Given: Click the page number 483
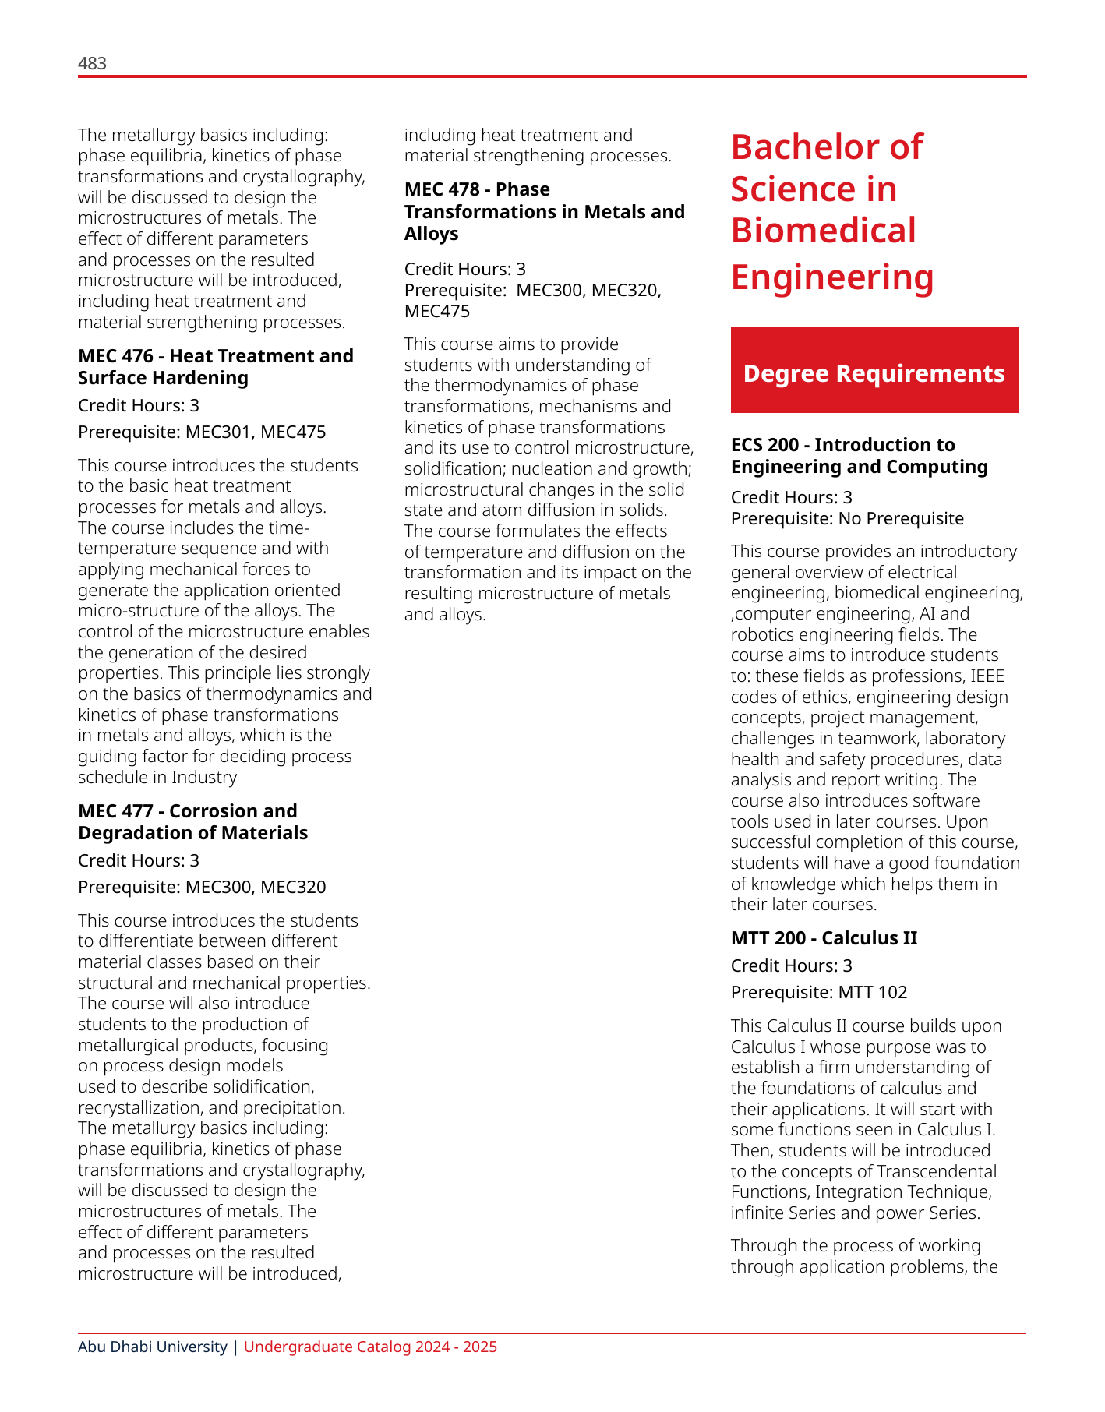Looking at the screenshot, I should [92, 64].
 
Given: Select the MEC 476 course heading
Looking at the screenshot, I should [215, 367].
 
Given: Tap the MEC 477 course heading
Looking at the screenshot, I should [192, 822].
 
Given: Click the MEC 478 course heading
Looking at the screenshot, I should [544, 211].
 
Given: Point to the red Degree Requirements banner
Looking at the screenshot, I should [874, 370].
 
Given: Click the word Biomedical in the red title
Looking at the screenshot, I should [823, 231].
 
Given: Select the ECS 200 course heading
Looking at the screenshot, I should [859, 456].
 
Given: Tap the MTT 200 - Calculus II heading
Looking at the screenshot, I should [824, 938].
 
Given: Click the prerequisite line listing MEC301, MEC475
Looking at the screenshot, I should [202, 432].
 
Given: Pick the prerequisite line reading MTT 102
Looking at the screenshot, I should [818, 992].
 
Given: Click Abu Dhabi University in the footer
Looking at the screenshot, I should [152, 1347].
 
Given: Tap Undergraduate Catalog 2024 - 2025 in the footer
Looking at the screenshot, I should [370, 1347].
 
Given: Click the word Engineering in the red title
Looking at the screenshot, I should [831, 277].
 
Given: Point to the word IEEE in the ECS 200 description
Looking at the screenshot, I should [987, 676].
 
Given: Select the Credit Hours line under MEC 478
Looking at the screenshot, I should [464, 270].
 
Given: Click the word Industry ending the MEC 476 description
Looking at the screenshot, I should [204, 777].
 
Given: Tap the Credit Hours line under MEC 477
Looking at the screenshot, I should [139, 860].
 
